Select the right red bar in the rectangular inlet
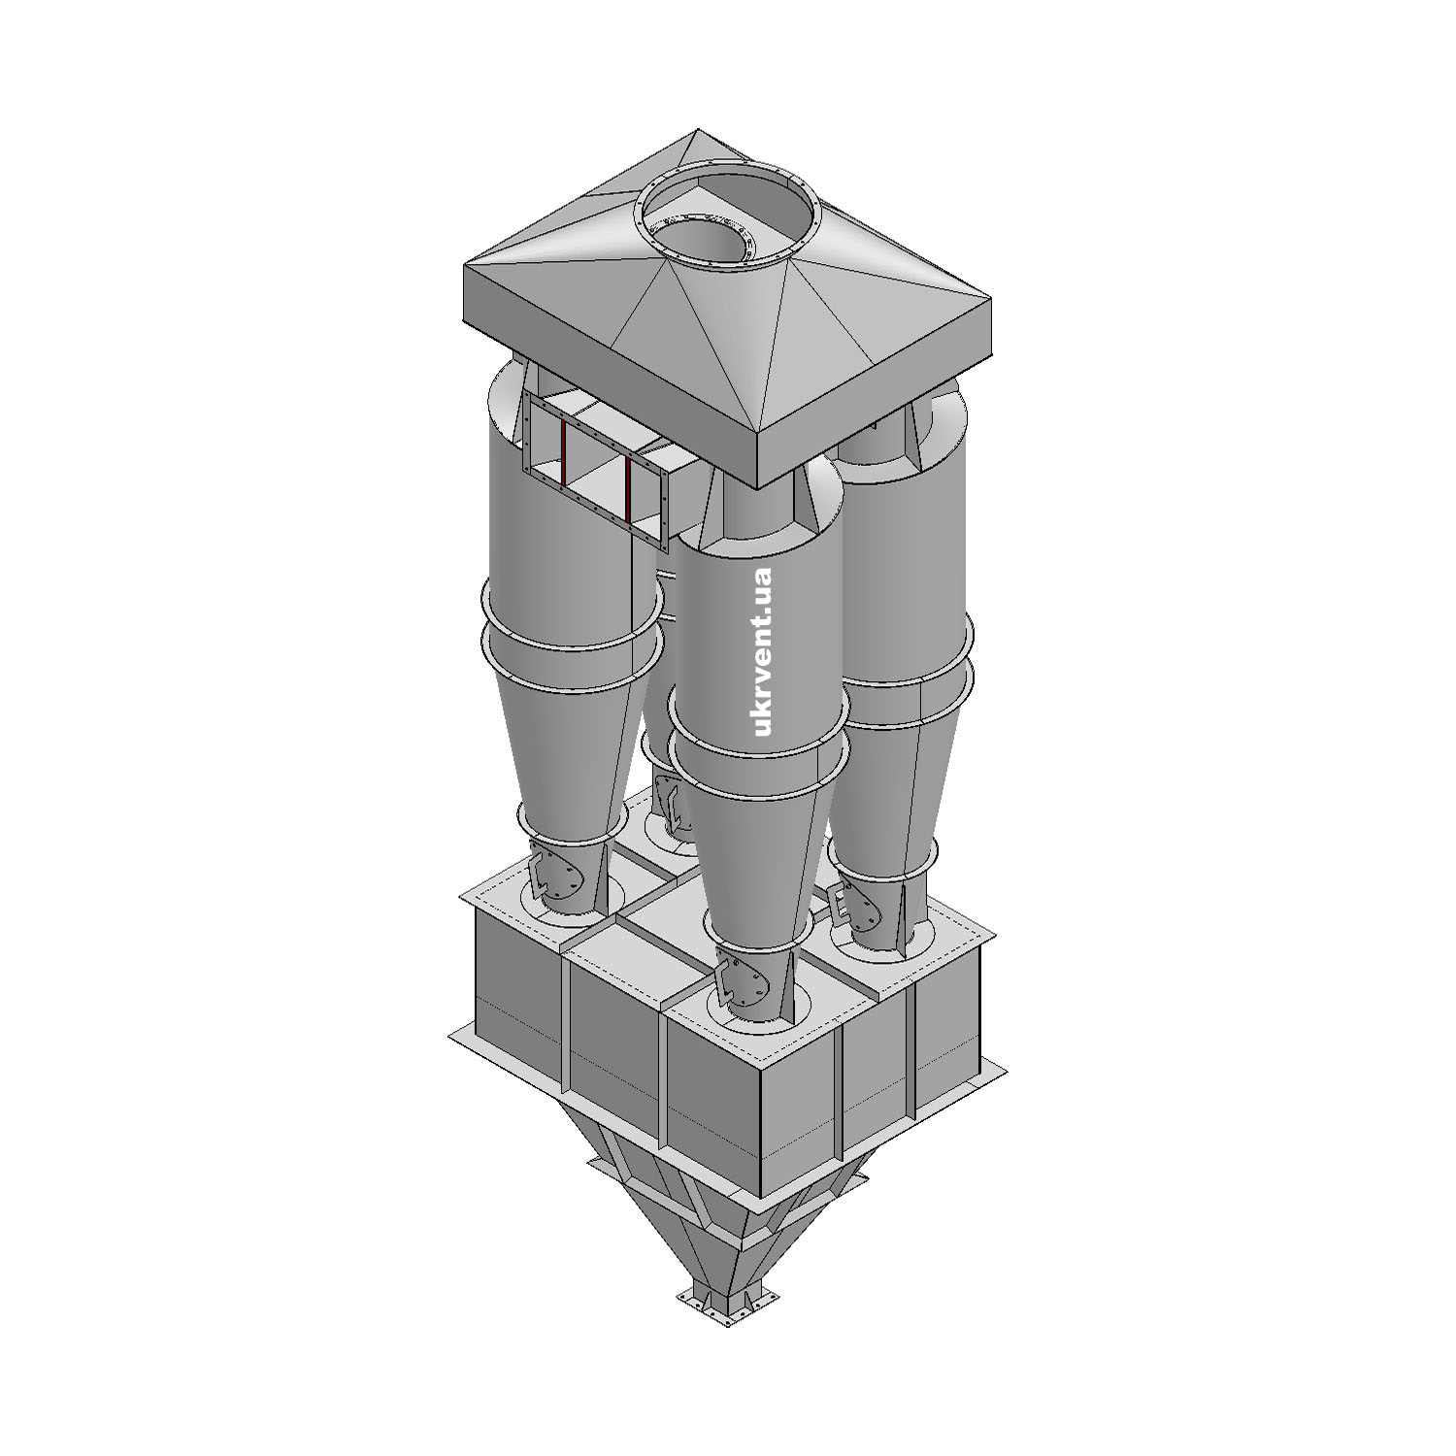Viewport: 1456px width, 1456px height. pyautogui.click(x=628, y=489)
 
